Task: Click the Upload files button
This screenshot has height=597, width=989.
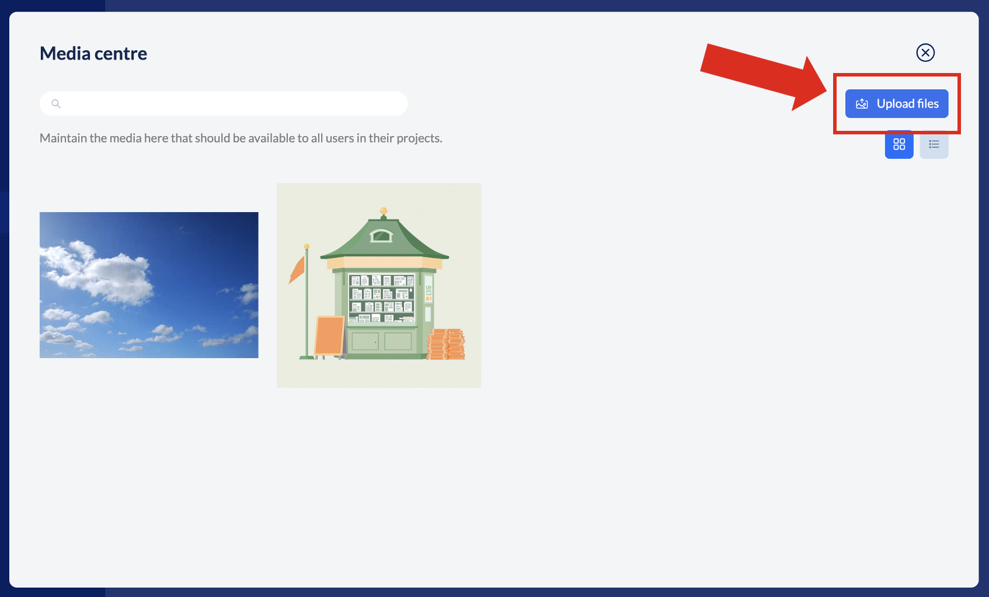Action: pos(897,103)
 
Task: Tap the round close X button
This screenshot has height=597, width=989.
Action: pos(925,53)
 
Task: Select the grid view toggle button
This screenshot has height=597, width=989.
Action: pos(899,144)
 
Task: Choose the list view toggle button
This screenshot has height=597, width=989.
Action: pos(934,144)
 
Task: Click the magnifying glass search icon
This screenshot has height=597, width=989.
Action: pos(56,104)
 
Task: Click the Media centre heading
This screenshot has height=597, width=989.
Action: pos(93,54)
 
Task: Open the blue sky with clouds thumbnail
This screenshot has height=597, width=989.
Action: pos(149,285)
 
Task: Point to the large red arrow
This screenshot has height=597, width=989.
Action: pos(764,76)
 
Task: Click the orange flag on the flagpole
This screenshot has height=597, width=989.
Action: pos(297,269)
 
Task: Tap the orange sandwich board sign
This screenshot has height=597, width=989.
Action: pos(329,336)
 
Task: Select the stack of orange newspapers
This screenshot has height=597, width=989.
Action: pos(446,344)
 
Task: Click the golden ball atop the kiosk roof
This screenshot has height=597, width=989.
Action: pos(384,211)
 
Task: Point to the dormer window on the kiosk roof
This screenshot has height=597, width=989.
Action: pos(381,235)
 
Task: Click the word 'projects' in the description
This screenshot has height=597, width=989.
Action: pos(419,138)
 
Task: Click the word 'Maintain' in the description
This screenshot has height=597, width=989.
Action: pos(63,138)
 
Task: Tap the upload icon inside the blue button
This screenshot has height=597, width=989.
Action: pos(862,104)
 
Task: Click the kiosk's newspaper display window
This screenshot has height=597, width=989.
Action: pos(381,298)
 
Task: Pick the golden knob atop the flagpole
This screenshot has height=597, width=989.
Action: pos(307,247)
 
